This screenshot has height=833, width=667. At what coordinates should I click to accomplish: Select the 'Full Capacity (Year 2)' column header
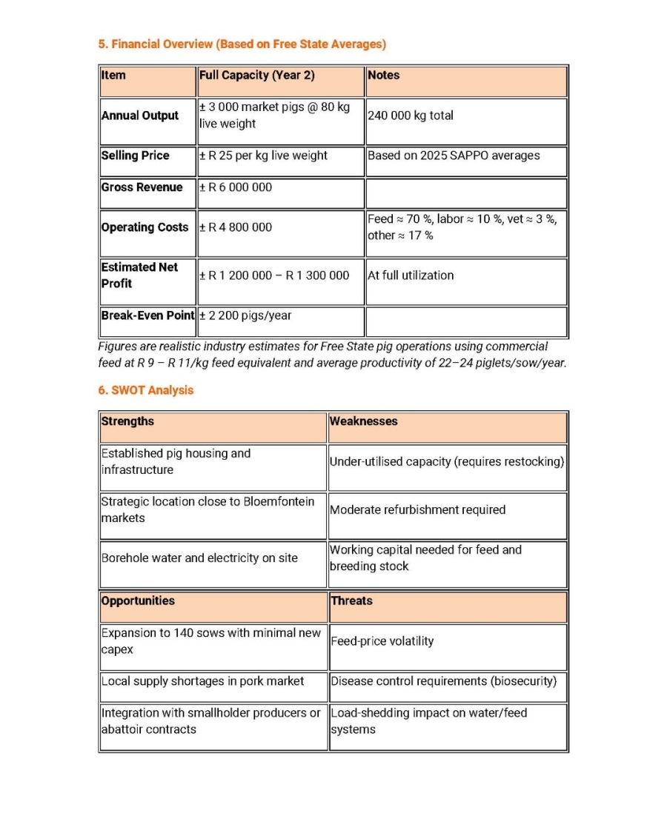(256, 76)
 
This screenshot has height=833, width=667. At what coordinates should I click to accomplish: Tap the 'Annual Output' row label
(140, 116)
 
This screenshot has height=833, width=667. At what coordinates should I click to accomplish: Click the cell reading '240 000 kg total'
(411, 116)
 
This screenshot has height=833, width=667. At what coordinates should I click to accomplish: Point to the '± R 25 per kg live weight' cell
(263, 155)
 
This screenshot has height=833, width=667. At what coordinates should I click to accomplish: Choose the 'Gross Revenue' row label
(142, 187)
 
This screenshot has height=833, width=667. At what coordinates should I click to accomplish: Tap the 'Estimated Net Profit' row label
(140, 275)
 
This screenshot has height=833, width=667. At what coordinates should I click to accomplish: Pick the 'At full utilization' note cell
(411, 275)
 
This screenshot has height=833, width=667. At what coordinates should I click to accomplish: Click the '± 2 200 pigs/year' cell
(245, 315)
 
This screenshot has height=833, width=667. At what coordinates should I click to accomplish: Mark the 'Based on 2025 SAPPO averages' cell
(454, 155)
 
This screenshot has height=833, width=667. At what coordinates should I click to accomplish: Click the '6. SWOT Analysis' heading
(145, 390)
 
